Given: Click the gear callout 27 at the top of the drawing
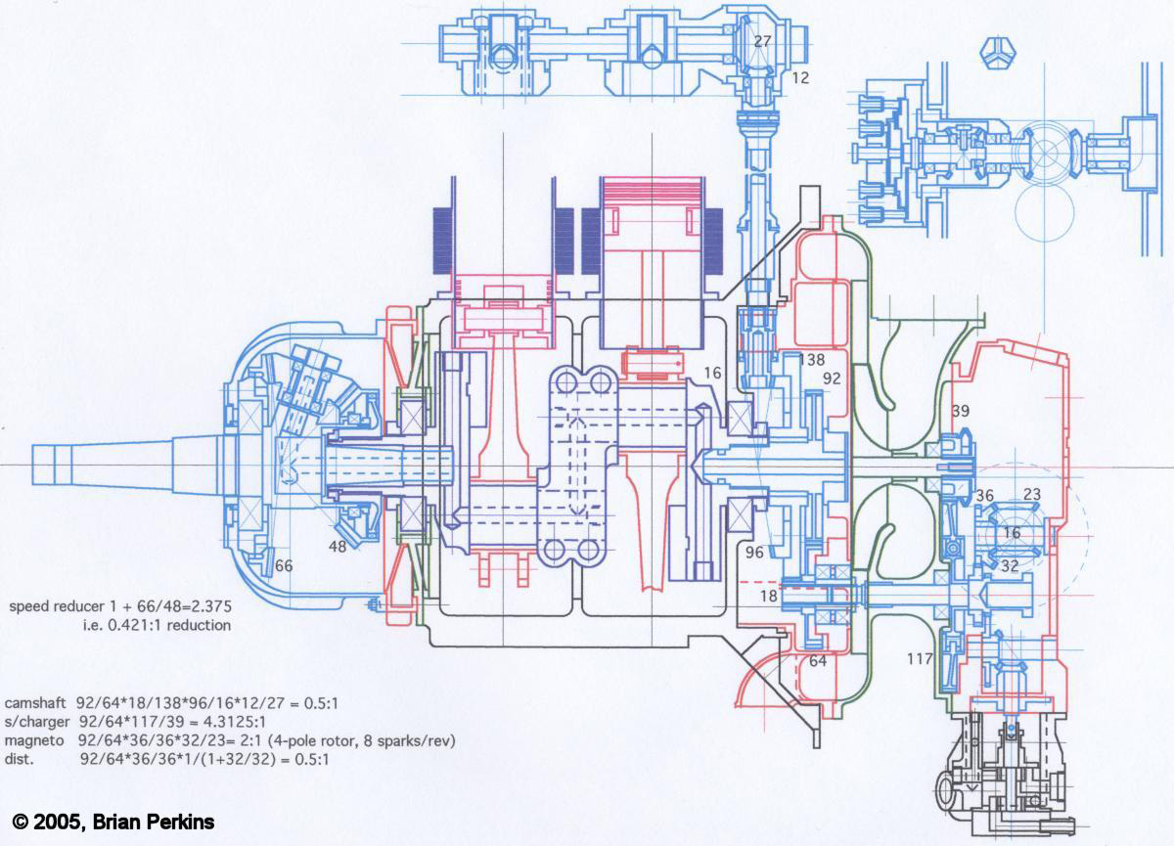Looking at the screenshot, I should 763,41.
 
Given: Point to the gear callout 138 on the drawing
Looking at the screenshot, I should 812,360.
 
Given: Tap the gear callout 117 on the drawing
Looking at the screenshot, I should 920,658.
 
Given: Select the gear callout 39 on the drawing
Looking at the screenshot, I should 960,411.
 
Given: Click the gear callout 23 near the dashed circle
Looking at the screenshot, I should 1031,495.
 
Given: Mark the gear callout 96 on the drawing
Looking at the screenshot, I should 754,553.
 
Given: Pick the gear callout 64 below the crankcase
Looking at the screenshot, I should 818,661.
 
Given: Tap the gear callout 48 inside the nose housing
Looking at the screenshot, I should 338,547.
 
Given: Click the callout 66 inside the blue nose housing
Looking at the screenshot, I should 284,565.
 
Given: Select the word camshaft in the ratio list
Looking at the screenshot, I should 37,703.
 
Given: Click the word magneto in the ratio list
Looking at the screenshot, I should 35,740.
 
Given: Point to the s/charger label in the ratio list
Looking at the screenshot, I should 37,722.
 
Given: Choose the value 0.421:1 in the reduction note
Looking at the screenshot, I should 117,625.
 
